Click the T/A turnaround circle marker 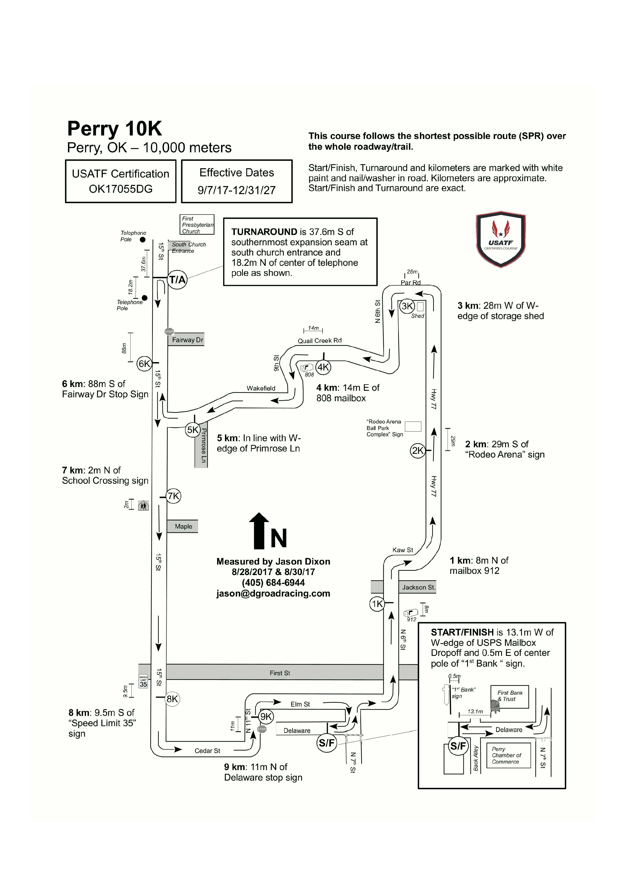(177, 279)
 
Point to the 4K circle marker (323, 367)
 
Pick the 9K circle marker (266, 717)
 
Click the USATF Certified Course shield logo (501, 239)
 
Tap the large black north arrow (259, 530)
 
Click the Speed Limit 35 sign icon (143, 682)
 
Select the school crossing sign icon (143, 505)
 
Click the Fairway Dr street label (187, 340)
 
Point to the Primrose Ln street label (204, 446)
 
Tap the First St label (280, 673)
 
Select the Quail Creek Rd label (319, 340)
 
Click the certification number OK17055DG (121, 189)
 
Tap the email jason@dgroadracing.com (273, 593)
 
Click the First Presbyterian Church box (197, 224)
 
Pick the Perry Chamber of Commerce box (508, 756)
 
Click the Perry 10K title (114, 128)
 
